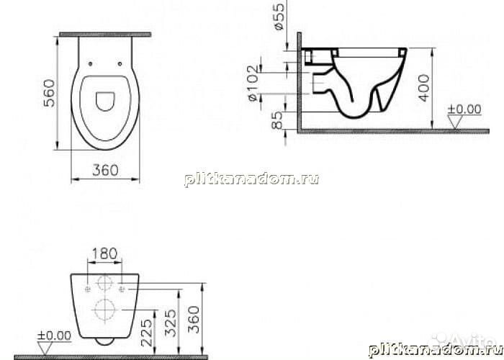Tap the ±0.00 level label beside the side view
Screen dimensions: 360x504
464,109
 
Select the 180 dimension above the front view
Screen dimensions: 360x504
104,253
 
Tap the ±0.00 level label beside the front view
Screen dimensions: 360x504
55,335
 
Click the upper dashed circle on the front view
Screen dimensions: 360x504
105,283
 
